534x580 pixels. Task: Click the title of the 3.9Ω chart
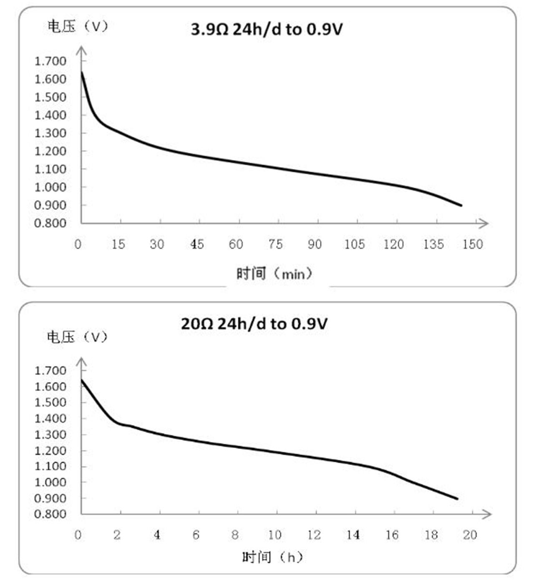point(267,30)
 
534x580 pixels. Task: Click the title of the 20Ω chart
point(254,324)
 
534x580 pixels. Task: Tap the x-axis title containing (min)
point(274,274)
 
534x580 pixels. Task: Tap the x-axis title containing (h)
point(272,557)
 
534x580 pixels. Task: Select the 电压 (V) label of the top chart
point(78,26)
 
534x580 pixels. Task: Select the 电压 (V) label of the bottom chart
point(77,337)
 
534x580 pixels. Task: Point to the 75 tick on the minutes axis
point(275,244)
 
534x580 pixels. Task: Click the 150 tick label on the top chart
point(472,244)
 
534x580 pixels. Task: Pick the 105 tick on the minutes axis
point(354,244)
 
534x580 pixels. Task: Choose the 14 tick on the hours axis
point(353,535)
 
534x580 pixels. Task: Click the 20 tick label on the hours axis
point(470,535)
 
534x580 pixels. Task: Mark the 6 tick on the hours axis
point(196,535)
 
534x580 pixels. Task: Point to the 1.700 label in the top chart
point(50,61)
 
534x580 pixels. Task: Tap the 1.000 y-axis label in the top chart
point(50,187)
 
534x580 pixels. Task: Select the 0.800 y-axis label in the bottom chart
point(50,514)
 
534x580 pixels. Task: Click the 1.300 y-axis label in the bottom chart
point(50,434)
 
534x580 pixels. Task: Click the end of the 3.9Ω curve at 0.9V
point(461,205)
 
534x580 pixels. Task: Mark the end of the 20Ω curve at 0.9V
point(457,499)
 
